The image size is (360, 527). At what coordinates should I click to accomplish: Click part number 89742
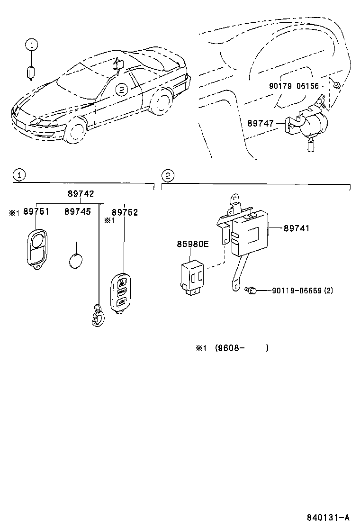[81, 194]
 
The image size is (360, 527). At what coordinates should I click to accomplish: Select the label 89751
[36, 212]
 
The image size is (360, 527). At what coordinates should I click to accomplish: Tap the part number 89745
[78, 212]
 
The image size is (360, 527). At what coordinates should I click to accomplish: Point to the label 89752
[125, 212]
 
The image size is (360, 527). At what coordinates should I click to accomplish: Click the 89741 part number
[297, 228]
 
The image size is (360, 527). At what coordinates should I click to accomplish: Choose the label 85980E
[193, 244]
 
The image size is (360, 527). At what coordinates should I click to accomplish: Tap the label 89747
[261, 123]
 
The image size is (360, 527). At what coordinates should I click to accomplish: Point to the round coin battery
[76, 261]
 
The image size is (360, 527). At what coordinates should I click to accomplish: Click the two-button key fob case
[36, 246]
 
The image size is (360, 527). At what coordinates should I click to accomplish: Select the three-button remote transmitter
[120, 291]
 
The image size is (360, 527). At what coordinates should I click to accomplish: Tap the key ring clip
[98, 316]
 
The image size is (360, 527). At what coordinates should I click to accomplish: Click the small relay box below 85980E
[192, 274]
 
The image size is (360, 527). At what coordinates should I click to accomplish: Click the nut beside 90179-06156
[336, 85]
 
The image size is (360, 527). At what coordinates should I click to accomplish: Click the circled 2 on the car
[122, 89]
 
